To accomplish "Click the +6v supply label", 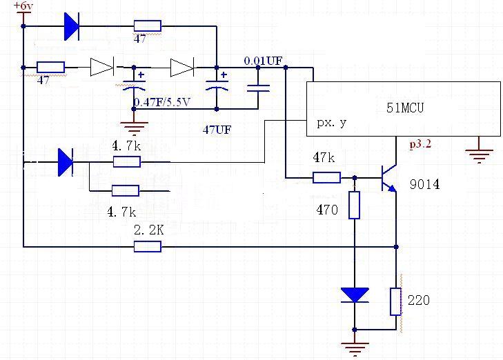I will (22, 6).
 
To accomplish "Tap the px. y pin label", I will (332, 124).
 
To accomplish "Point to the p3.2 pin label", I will (420, 145).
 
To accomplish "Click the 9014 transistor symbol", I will (389, 177).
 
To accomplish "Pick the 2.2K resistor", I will (147, 246).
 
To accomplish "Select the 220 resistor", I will (396, 301).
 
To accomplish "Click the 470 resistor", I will (355, 206).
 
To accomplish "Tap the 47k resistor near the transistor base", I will (326, 177).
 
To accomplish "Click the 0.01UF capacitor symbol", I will (259, 89).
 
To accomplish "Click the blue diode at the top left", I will (71, 26).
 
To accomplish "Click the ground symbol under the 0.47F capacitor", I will (135, 127).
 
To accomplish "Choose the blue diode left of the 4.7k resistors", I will (66, 162).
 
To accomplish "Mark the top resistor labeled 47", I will (146, 26).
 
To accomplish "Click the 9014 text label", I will (423, 185).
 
